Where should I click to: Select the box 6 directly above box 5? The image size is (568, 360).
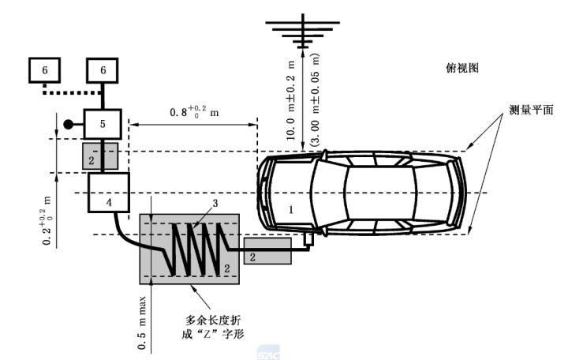click(103, 70)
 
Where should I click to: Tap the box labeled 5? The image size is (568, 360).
click(103, 124)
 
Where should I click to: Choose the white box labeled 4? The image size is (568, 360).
click(108, 193)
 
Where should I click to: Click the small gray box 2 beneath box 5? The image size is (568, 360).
click(101, 156)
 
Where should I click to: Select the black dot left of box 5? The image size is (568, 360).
click(69, 125)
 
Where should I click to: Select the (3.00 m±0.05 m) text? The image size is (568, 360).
click(315, 99)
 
